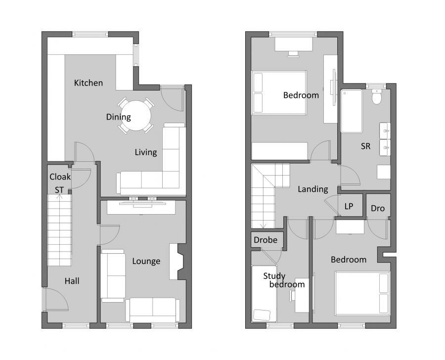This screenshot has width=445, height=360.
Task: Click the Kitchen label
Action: (x=89, y=83)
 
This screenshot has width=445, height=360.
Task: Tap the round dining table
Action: (x=136, y=115)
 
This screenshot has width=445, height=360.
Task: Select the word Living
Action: (x=146, y=152)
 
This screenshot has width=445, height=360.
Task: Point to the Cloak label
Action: (x=60, y=177)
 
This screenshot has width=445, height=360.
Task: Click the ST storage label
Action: (x=59, y=189)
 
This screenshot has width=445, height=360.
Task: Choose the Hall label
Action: (x=72, y=281)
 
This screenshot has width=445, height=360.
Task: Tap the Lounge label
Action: (x=146, y=261)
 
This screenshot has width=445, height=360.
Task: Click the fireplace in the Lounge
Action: (x=177, y=261)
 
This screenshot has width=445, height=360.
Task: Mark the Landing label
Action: (x=312, y=189)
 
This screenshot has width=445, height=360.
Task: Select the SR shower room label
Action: (x=366, y=146)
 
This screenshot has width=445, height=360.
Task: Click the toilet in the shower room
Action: (x=377, y=98)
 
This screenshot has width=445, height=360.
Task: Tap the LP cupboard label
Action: (x=349, y=206)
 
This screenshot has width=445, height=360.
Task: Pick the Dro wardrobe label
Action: (x=377, y=209)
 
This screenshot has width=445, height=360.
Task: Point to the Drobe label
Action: (x=266, y=240)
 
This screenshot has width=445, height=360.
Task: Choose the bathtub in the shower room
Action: (x=352, y=111)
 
